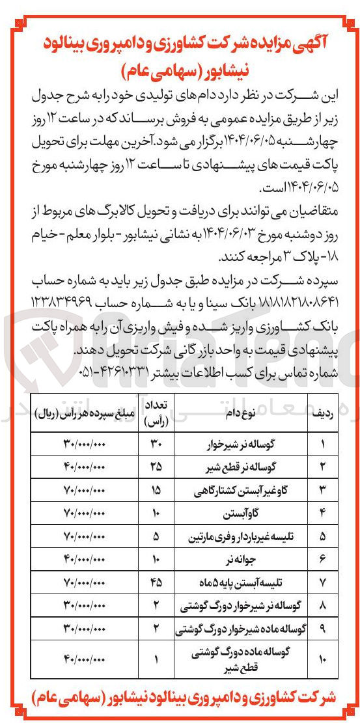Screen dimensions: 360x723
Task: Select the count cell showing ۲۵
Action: point(157,467)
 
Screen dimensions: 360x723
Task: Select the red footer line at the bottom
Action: point(180,698)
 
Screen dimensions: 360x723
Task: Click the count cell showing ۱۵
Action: point(157,489)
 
